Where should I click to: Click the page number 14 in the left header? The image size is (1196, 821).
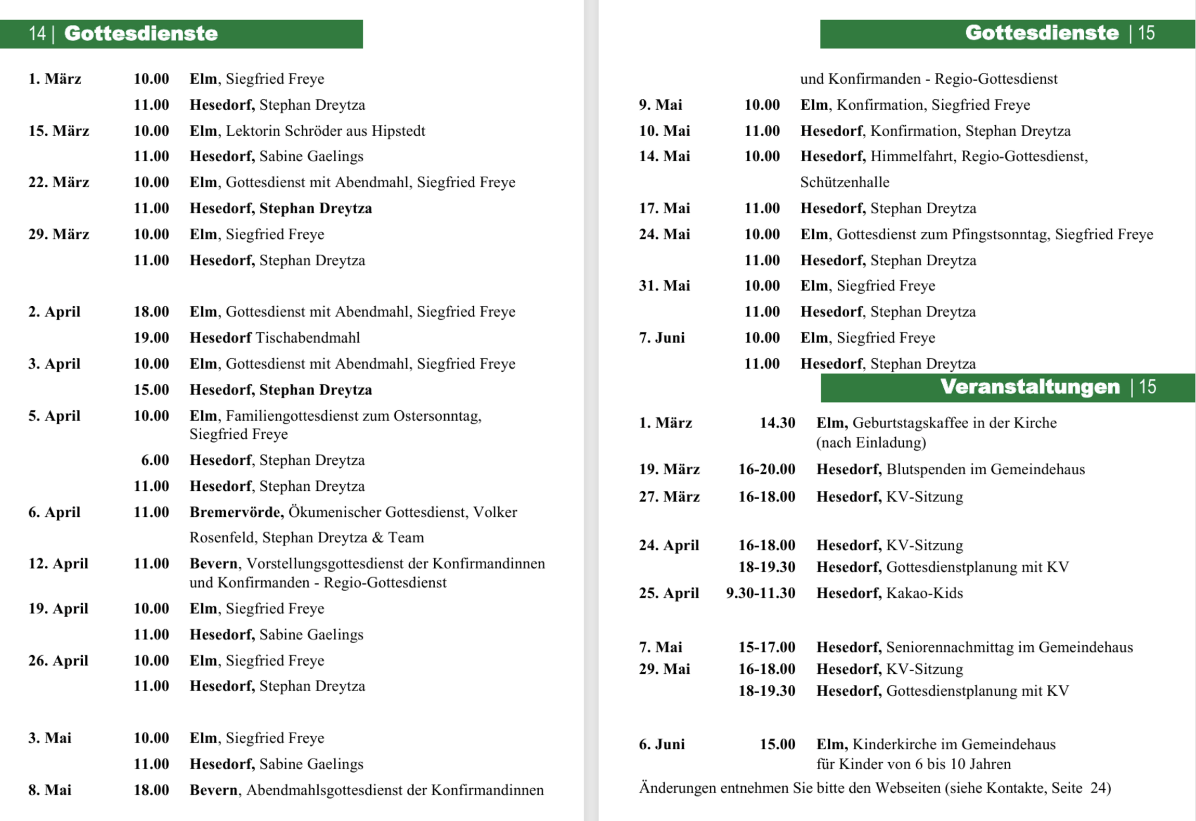(x=37, y=34)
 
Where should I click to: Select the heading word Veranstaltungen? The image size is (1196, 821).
(x=1030, y=387)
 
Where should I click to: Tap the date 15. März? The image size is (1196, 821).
(x=59, y=131)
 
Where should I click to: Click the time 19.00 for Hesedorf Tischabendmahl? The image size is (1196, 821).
(x=151, y=338)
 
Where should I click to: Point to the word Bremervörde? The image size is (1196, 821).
(x=236, y=512)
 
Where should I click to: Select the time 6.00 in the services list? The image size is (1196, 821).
(x=155, y=460)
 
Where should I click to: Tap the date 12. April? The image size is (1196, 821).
(x=58, y=564)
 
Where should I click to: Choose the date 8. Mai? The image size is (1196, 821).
(x=50, y=790)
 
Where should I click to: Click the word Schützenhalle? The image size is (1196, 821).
(x=844, y=183)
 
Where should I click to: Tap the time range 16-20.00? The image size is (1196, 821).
(x=766, y=470)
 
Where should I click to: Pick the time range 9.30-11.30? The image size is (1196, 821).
(x=760, y=593)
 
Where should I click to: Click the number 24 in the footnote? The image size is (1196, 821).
(x=1100, y=788)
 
